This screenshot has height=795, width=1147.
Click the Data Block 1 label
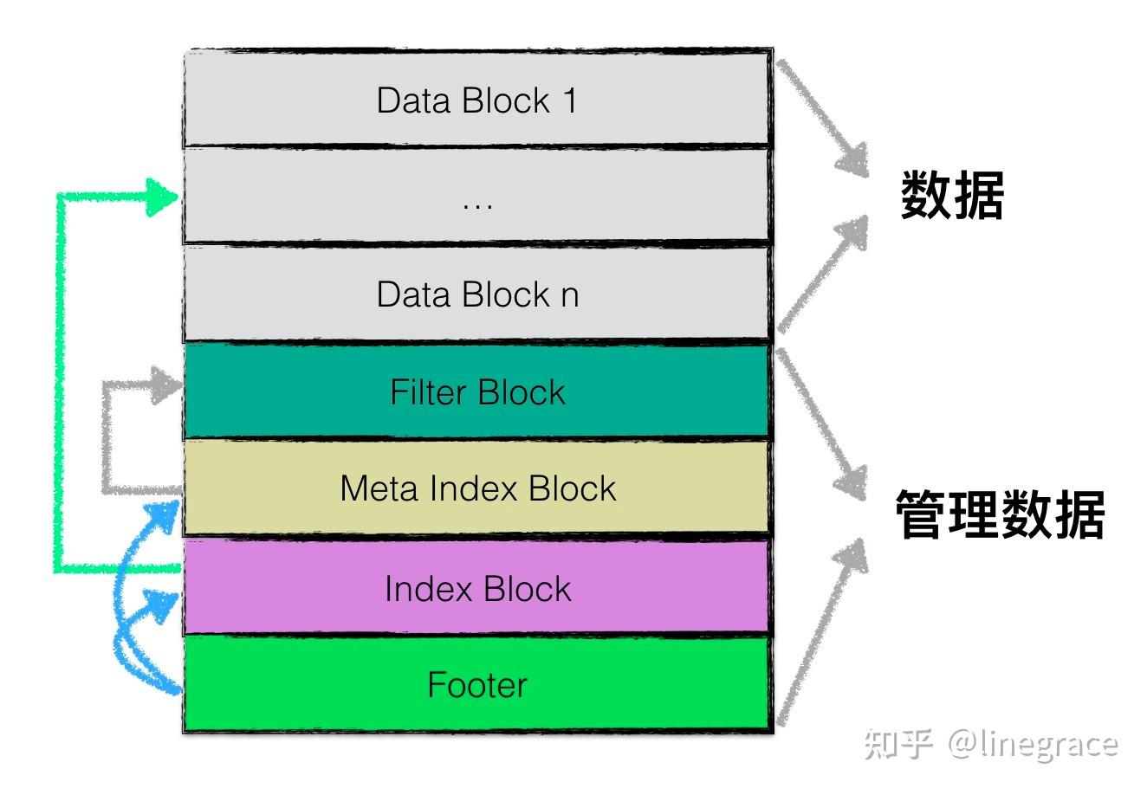pyautogui.click(x=476, y=100)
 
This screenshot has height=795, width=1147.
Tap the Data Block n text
pyautogui.click(x=476, y=294)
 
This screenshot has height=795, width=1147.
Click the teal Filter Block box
pyautogui.click(x=476, y=392)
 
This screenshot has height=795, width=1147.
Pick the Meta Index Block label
pyautogui.click(x=477, y=488)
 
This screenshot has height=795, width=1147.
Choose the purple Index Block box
pyautogui.click(x=477, y=589)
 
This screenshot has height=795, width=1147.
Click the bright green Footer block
pyautogui.click(x=477, y=685)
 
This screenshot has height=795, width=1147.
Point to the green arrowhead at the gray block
pyautogui.click(x=162, y=197)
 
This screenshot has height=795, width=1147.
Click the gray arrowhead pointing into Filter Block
pyautogui.click(x=165, y=385)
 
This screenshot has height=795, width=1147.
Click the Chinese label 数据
pyautogui.click(x=952, y=196)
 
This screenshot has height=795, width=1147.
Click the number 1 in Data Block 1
pyautogui.click(x=569, y=100)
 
